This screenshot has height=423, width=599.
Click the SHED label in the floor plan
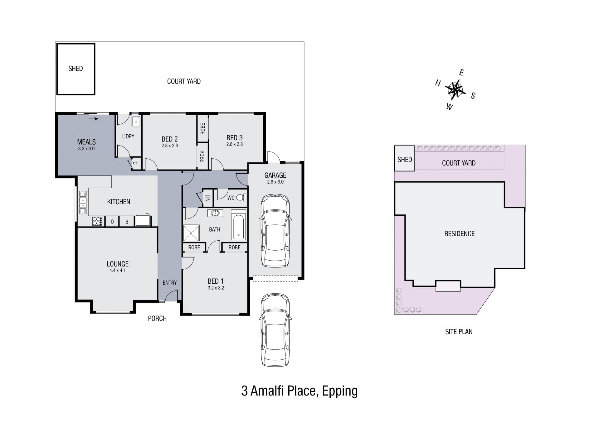pyautogui.click(x=75, y=69)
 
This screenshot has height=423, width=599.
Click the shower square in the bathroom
pyautogui.click(x=191, y=233)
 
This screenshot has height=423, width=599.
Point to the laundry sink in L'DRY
pyautogui.click(x=136, y=122)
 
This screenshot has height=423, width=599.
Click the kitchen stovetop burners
pyautogui.click(x=97, y=221)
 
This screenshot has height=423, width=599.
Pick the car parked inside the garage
pyautogui.click(x=275, y=231)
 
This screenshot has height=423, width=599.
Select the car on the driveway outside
pyautogui.click(x=275, y=330)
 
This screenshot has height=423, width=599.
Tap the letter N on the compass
pyautogui.click(x=438, y=83)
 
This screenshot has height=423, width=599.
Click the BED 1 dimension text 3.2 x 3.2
pyautogui.click(x=216, y=288)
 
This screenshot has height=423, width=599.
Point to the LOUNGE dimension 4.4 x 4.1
pyautogui.click(x=117, y=270)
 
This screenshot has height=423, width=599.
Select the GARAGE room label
pyautogui.click(x=275, y=175)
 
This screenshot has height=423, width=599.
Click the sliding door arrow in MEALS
pyautogui.click(x=94, y=119)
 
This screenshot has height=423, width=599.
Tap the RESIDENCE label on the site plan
pyautogui.click(x=459, y=233)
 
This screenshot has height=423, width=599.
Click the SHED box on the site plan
pyautogui.click(x=405, y=158)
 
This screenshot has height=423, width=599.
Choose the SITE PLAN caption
pyautogui.click(x=459, y=332)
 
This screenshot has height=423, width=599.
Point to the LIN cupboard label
pyautogui.click(x=207, y=198)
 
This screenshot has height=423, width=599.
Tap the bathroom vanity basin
pyautogui.click(x=215, y=213)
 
